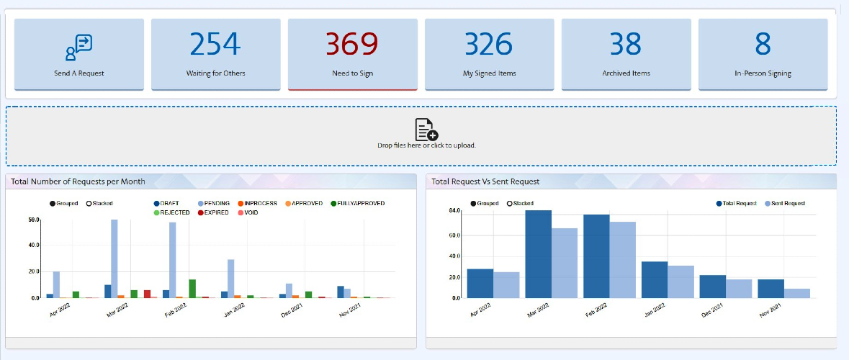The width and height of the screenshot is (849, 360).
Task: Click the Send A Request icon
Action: click(x=79, y=48)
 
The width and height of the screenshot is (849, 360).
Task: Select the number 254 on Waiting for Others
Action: click(x=215, y=45)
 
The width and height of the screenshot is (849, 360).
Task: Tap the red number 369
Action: click(x=352, y=45)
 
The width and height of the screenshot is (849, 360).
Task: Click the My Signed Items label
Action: click(x=489, y=73)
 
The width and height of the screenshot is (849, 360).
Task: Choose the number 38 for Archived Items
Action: click(x=626, y=45)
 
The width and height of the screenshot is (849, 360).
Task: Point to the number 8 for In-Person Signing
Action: click(x=763, y=45)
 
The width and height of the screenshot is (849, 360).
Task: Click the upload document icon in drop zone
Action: click(x=426, y=130)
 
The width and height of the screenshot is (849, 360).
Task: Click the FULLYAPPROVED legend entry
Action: click(x=357, y=204)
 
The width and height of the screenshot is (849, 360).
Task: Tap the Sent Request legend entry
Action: click(x=785, y=204)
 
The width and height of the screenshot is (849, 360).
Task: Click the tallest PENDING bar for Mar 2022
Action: click(x=114, y=258)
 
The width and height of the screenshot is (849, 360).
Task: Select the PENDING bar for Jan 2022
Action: click(x=230, y=279)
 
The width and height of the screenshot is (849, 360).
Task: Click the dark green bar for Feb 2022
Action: click(x=192, y=289)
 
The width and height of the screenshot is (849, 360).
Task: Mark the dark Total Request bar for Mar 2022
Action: click(x=538, y=254)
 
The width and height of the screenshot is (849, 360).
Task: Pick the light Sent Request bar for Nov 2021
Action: click(x=797, y=294)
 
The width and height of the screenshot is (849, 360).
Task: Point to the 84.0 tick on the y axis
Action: click(x=454, y=210)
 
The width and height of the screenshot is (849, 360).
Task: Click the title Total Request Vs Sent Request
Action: click(x=485, y=181)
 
